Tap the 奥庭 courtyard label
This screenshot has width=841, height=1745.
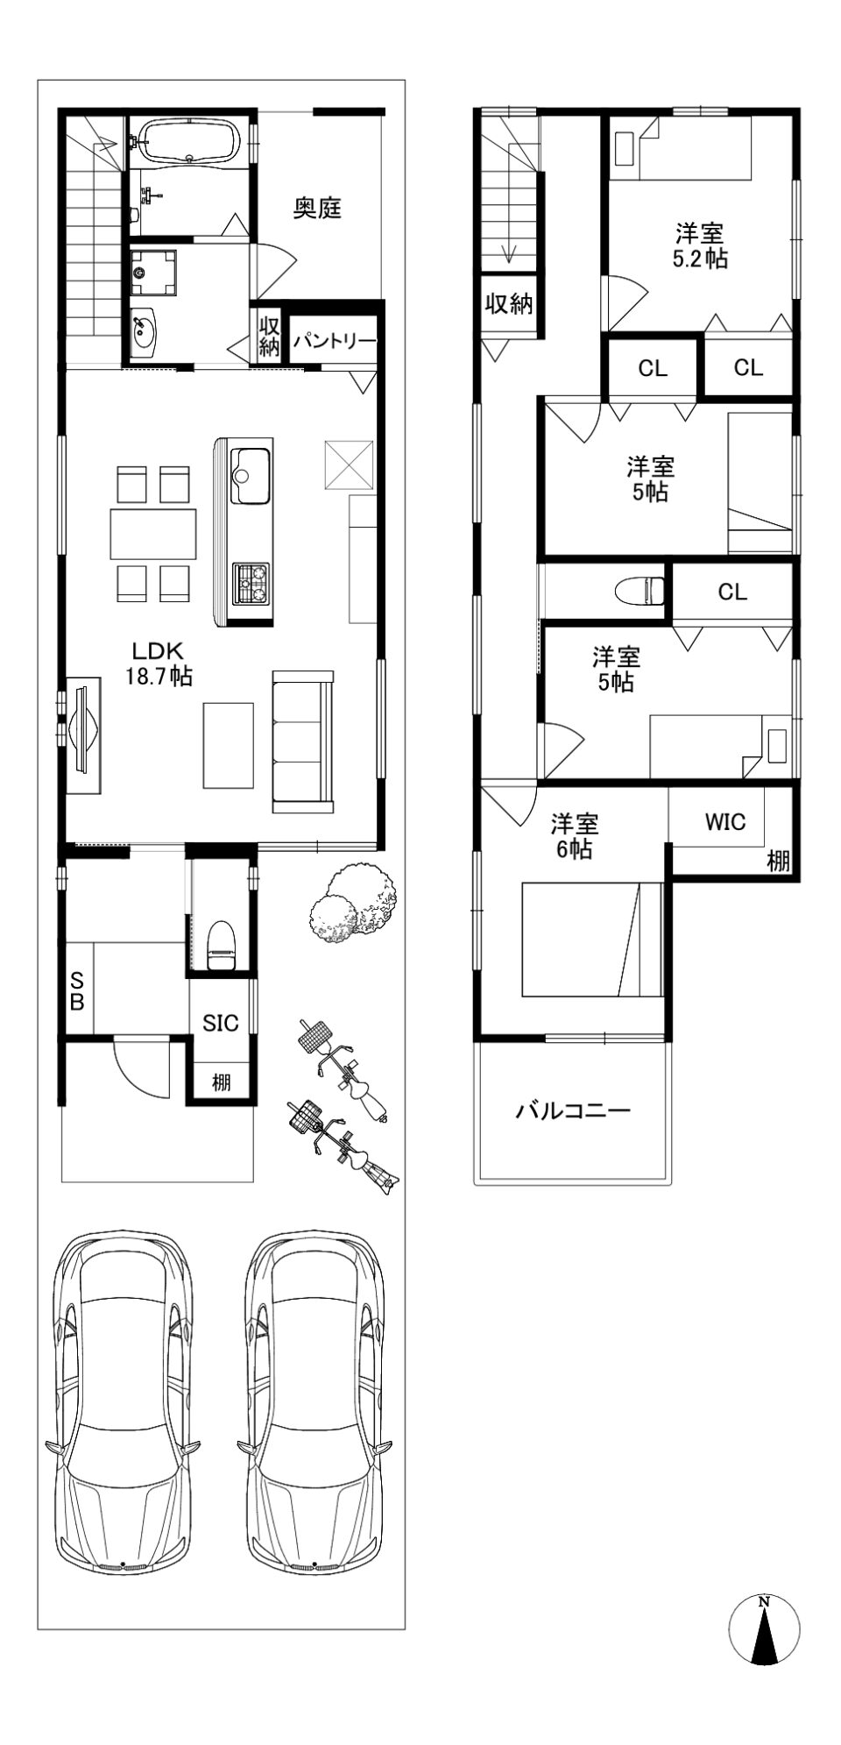pyautogui.click(x=316, y=209)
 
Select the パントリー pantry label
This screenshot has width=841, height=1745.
pyautogui.click(x=335, y=341)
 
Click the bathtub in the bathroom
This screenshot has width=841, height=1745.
pyautogui.click(x=188, y=141)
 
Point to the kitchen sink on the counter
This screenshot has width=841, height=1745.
pyautogui.click(x=250, y=475)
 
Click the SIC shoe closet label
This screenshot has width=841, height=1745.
pyautogui.click(x=221, y=1022)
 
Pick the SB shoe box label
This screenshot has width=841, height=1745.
pyautogui.click(x=77, y=990)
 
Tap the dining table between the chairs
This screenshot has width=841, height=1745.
pyautogui.click(x=153, y=533)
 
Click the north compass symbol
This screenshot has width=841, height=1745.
pyautogui.click(x=764, y=1628)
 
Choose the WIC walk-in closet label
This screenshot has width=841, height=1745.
pyautogui.click(x=725, y=821)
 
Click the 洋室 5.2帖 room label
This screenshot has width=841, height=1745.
pyautogui.click(x=700, y=246)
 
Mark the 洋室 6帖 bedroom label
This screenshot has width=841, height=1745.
pyautogui.click(x=575, y=836)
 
